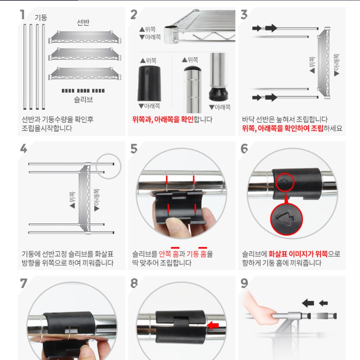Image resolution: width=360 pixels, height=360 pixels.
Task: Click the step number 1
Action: [22, 15]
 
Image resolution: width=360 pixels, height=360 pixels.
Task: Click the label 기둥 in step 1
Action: [41, 18]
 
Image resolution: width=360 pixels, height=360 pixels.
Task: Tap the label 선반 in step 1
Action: [83, 23]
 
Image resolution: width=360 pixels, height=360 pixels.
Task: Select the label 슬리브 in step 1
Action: [83, 99]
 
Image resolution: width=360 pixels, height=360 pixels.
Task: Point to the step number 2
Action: [134, 15]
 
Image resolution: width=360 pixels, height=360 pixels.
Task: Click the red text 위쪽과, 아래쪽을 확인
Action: [163, 120]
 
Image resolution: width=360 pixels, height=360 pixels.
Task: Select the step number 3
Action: [244, 15]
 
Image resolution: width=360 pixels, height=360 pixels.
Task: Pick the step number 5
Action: [134, 148]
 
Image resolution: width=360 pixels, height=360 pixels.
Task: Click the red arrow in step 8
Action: [213, 326]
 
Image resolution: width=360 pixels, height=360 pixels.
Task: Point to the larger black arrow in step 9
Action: [308, 303]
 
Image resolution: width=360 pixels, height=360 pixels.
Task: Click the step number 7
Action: [23, 283]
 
